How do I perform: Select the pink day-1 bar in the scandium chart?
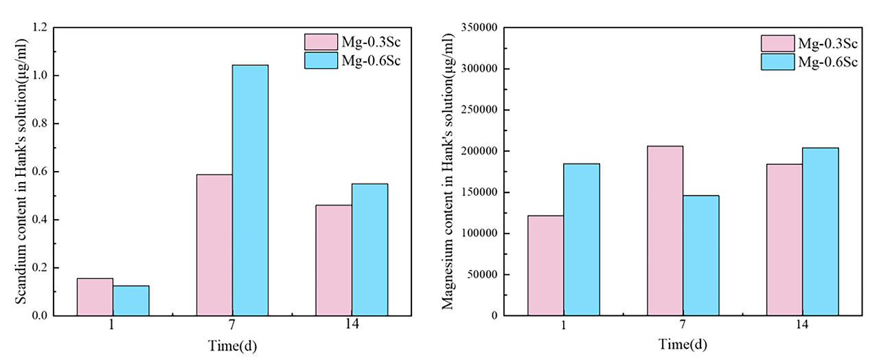click(95, 297)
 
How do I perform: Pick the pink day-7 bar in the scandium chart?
click(214, 245)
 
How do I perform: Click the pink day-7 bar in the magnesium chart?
click(665, 230)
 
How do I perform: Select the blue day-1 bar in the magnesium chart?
click(582, 239)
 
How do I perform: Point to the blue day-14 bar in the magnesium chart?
click(820, 232)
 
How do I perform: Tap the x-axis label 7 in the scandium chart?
click(231, 325)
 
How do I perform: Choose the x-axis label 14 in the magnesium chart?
click(802, 325)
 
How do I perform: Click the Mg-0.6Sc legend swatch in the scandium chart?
click(321, 60)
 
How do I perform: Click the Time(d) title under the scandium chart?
click(232, 345)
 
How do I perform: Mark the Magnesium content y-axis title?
click(448, 172)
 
